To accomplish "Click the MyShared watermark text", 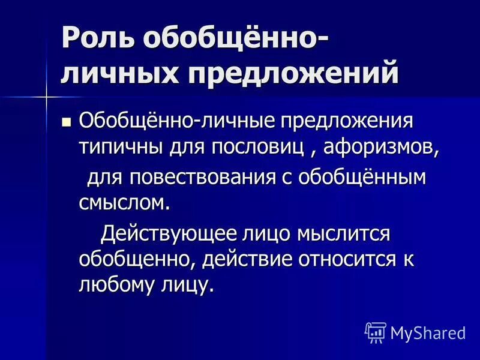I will (428, 332).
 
